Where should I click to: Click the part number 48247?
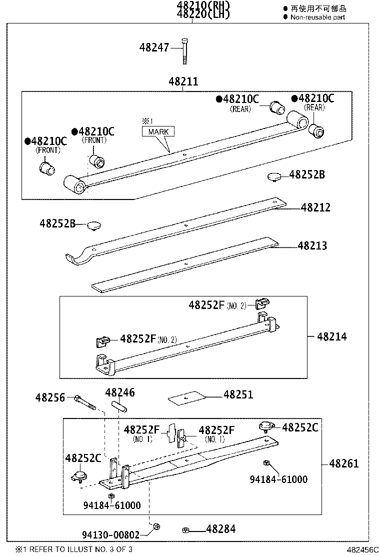[154, 47]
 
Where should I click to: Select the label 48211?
[183, 81]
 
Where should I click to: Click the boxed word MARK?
[158, 132]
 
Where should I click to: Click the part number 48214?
[331, 336]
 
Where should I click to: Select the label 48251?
[238, 394]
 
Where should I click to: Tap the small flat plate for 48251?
[187, 397]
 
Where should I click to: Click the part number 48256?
[50, 397]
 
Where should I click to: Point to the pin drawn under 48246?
[120, 406]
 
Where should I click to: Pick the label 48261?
[344, 463]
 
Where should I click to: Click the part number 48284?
[220, 529]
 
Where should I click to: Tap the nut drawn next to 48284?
[185, 529]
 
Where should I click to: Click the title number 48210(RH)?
[202, 5]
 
